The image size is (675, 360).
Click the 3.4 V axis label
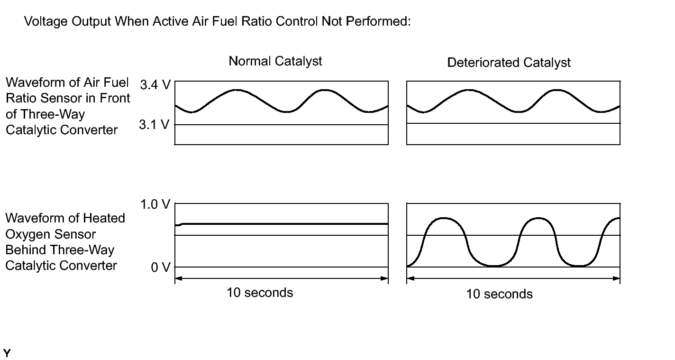click(155, 86)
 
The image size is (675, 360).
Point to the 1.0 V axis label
click(155, 204)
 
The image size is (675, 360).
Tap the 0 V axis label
click(160, 268)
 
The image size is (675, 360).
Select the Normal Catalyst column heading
click(275, 61)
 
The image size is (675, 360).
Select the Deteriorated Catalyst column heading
click(509, 63)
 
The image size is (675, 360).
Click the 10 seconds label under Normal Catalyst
click(260, 293)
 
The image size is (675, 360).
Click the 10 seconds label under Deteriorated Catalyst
click(499, 294)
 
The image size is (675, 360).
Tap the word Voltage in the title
click(45, 22)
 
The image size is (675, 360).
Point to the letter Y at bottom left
click(7, 353)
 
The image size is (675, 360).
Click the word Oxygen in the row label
click(27, 234)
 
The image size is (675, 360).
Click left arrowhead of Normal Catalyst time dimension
click(178, 278)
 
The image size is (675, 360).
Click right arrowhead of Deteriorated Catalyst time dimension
click(617, 278)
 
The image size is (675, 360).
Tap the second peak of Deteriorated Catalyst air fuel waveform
click(557, 90)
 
